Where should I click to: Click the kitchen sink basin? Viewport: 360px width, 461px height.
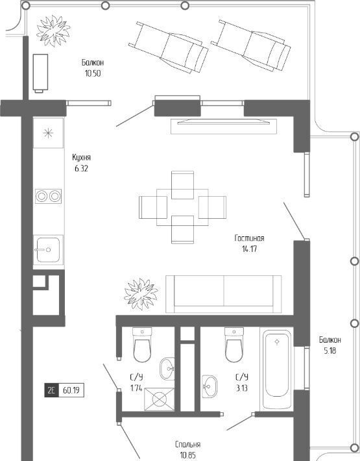(x=48, y=250)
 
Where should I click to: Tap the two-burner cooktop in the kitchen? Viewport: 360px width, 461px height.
(x=49, y=196)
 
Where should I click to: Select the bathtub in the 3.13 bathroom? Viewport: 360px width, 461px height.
(x=276, y=368)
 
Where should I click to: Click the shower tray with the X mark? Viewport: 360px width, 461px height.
(x=160, y=399)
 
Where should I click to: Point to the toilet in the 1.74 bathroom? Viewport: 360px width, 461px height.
(x=142, y=345)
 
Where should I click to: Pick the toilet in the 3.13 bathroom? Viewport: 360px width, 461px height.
(x=234, y=345)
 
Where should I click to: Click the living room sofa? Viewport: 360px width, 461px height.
(x=223, y=294)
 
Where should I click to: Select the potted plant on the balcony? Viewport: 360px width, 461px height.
(x=53, y=31)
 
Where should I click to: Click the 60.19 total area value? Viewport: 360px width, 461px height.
(x=71, y=391)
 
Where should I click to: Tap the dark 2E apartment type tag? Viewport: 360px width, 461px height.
(x=51, y=391)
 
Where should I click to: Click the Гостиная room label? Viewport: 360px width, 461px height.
(x=249, y=238)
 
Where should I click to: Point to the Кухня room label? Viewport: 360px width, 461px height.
(x=81, y=157)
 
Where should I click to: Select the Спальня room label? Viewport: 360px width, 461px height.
(x=188, y=444)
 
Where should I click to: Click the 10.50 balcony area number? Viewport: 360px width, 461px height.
(x=93, y=73)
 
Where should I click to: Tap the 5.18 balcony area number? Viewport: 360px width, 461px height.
(x=330, y=351)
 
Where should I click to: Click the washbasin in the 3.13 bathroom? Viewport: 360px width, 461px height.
(x=210, y=386)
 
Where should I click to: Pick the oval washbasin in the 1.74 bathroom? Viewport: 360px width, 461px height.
(x=167, y=368)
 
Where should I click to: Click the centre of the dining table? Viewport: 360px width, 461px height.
(x=182, y=207)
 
